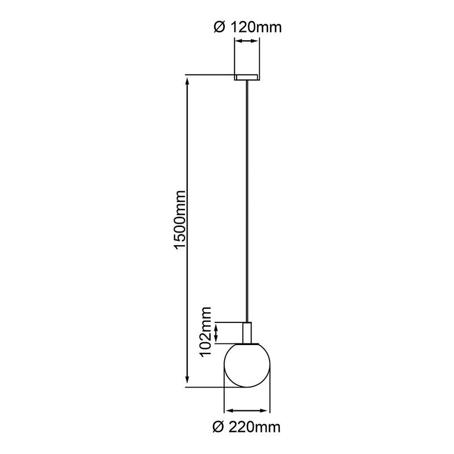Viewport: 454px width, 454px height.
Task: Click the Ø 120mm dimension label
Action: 247,27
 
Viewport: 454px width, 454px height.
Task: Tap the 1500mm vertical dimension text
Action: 180,220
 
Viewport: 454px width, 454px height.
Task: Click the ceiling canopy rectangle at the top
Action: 247,77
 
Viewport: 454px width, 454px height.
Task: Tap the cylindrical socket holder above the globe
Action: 247,333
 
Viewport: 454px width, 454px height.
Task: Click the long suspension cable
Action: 247,199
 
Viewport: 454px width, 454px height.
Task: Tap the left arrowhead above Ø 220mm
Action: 229,410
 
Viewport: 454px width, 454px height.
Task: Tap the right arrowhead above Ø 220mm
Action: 267,410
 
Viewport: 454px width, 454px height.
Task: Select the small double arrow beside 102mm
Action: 216,333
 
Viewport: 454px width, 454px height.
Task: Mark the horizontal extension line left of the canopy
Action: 210,74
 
